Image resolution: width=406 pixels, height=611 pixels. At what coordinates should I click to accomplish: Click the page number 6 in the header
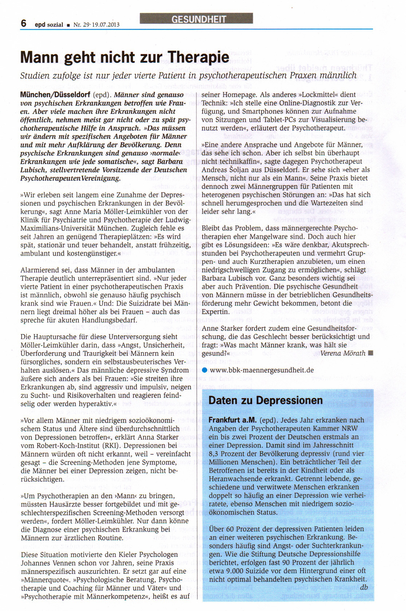coord(24,23)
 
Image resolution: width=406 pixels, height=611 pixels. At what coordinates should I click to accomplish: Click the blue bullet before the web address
coord(204,370)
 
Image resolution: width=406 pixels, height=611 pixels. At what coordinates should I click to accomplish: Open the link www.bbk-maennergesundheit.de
coord(262,370)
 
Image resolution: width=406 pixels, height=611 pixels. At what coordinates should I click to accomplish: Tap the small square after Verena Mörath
coord(371,353)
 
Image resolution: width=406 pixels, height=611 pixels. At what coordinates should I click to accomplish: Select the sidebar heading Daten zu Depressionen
coord(265,401)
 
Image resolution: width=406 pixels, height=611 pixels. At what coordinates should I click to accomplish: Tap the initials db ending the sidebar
coord(364,587)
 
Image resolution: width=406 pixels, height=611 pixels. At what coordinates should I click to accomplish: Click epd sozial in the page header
coord(49,25)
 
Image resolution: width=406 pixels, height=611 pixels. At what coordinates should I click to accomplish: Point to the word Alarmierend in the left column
coord(39,270)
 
